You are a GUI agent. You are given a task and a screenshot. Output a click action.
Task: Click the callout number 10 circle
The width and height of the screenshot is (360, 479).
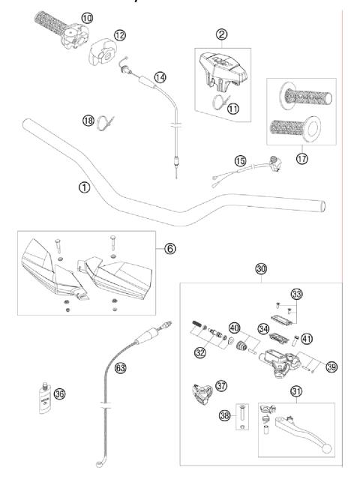87,16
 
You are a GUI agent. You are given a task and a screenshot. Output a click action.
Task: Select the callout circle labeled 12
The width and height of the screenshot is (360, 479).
121,35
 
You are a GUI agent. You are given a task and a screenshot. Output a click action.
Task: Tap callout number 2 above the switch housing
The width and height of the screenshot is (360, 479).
221,33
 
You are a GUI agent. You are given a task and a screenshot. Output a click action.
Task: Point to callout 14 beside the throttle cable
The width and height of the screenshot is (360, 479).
160,77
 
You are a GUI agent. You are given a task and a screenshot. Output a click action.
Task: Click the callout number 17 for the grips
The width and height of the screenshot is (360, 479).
301,159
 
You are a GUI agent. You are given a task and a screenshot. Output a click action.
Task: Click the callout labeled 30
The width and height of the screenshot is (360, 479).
260,268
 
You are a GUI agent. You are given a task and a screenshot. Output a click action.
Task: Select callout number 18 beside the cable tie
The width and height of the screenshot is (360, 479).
88,120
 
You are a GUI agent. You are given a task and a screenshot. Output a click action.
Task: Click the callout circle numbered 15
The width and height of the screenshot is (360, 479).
240,160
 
